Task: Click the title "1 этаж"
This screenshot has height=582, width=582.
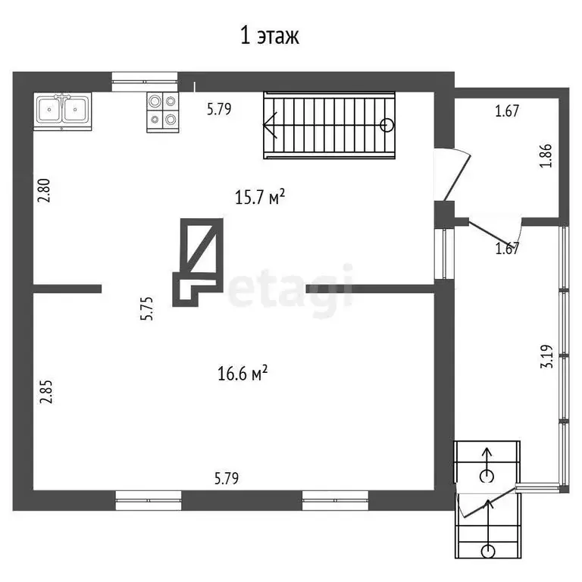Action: click(270, 36)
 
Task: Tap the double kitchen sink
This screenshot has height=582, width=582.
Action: click(62, 111)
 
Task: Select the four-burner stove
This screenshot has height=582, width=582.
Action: click(161, 111)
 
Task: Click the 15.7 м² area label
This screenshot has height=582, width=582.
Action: click(260, 198)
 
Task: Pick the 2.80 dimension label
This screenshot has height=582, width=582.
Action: click(45, 190)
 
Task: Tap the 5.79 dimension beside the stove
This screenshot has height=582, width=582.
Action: click(219, 109)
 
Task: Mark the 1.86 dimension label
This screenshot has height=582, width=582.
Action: click(545, 155)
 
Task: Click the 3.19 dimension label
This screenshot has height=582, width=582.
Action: click(545, 357)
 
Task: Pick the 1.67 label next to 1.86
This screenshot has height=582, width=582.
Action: click(506, 112)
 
